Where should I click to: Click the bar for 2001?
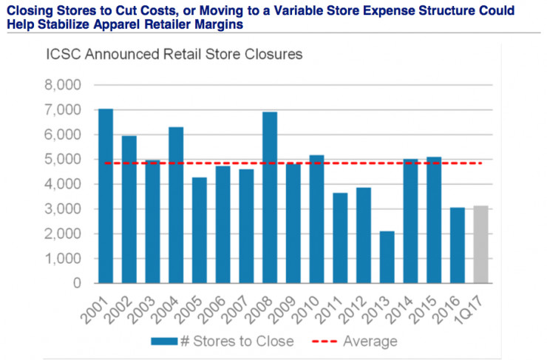click(106, 196)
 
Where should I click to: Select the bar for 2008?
click(270, 197)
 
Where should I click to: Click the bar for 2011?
click(340, 237)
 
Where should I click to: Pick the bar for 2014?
click(410, 221)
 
